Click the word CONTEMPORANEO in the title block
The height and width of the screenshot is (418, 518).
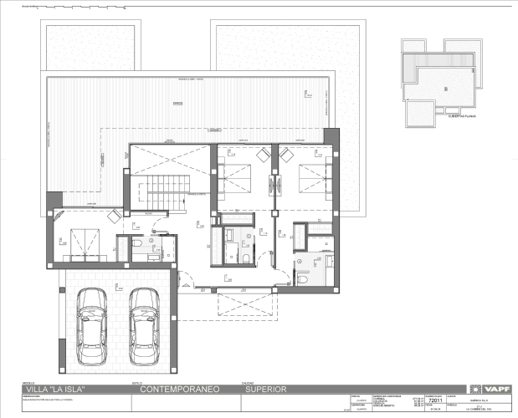click(x=180, y=390)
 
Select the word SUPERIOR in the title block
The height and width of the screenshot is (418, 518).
click(x=266, y=390)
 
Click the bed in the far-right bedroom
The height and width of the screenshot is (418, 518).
click(x=310, y=176)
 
